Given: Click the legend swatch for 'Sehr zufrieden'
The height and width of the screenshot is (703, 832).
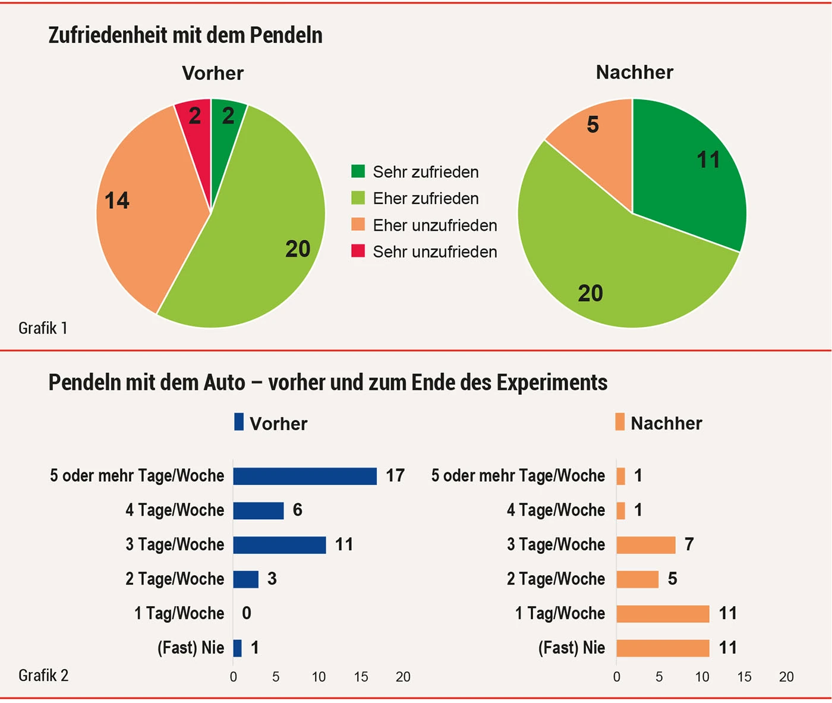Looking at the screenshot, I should coord(358,172).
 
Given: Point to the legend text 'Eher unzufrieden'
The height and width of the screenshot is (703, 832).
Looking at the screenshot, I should coord(434,225).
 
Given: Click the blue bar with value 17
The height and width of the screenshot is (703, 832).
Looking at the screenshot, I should coord(305,476).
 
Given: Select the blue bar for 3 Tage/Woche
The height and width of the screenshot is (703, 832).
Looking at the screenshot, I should coord(279,545).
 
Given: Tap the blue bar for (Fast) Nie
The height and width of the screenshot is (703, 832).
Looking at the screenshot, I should coord(238,648).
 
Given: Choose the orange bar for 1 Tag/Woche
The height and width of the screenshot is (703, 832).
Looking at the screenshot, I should coord(663,614).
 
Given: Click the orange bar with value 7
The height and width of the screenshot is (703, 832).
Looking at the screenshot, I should coord(646,545).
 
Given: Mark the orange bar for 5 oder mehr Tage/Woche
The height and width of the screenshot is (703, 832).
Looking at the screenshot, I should coord(621,476).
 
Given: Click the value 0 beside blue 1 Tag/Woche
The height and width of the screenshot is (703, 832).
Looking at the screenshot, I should coord(247,613).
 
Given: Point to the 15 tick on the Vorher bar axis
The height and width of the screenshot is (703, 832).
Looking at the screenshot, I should coord(361,677).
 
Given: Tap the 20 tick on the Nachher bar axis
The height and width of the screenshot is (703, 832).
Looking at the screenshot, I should coord(786,677).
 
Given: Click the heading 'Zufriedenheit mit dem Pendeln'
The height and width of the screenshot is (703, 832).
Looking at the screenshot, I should coord(185,36).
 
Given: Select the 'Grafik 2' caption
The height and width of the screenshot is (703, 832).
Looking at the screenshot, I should coord(43,676).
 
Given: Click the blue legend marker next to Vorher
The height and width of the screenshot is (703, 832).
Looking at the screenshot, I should coord(239,422).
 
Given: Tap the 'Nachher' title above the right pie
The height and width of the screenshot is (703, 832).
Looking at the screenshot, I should coord(635,73).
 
